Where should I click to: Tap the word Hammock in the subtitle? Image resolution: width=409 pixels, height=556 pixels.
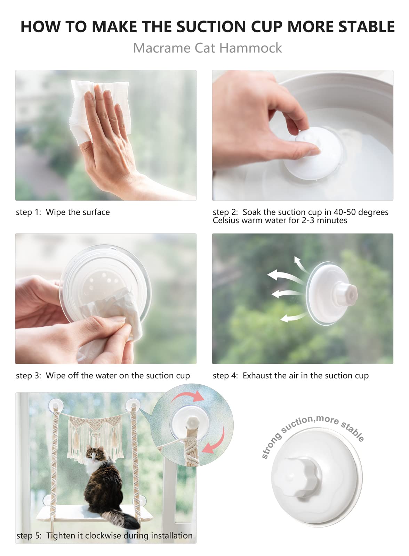click(251, 48)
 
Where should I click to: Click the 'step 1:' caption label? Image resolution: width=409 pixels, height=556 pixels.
click(28, 212)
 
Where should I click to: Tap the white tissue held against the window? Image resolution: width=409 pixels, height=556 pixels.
click(101, 111)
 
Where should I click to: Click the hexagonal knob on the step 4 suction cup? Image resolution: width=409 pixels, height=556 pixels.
click(346, 294)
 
